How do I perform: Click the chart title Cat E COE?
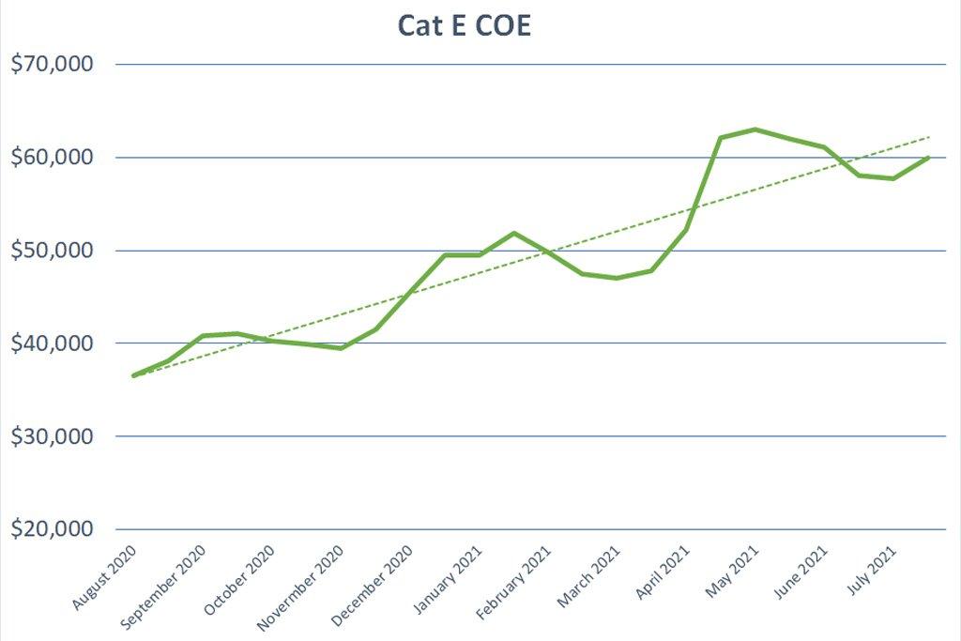point(465,25)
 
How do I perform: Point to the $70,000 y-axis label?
point(53,65)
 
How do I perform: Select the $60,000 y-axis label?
point(53,158)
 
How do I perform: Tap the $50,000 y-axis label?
point(53,251)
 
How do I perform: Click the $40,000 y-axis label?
point(53,343)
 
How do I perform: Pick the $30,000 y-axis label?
point(53,436)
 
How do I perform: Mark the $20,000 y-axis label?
point(53,529)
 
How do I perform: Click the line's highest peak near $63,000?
point(755,130)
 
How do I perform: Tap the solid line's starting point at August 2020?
point(133,375)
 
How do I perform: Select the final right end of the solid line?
point(929,157)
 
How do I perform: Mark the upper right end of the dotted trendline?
point(930,137)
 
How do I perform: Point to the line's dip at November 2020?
point(342,348)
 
